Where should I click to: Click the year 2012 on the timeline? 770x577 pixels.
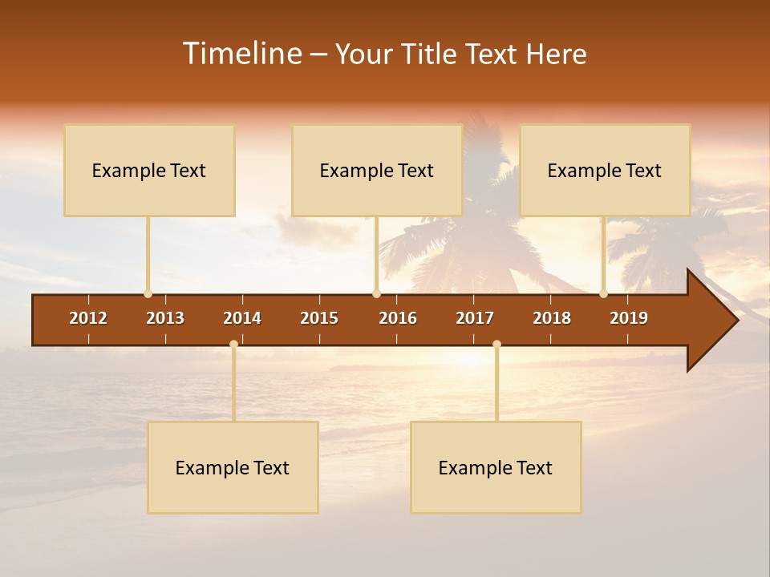coord(88,318)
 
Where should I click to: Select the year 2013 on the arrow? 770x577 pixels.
coord(165,318)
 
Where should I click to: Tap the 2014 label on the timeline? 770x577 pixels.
coord(242,318)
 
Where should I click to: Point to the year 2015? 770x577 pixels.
coord(319,318)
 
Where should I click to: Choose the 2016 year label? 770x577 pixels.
coord(398,318)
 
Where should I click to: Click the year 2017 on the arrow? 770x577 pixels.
coord(475,318)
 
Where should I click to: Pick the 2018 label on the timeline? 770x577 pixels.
coord(552,318)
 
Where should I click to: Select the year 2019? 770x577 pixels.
coord(629,318)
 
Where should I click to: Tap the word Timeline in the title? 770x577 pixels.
coord(242,54)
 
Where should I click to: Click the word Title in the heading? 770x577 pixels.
coord(431,54)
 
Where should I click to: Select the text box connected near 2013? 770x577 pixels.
coord(149,170)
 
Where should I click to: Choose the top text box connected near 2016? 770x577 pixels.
coord(377,170)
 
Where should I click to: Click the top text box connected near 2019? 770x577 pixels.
coord(605,170)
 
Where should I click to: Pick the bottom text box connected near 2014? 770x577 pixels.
coord(233,467)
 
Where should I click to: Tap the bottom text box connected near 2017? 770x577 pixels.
coord(496,467)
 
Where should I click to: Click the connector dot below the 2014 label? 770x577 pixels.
coord(233,344)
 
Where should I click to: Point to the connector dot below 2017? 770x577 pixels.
coord(496,344)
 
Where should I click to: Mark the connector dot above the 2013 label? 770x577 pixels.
coord(148,293)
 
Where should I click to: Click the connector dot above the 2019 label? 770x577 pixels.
coord(603,293)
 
